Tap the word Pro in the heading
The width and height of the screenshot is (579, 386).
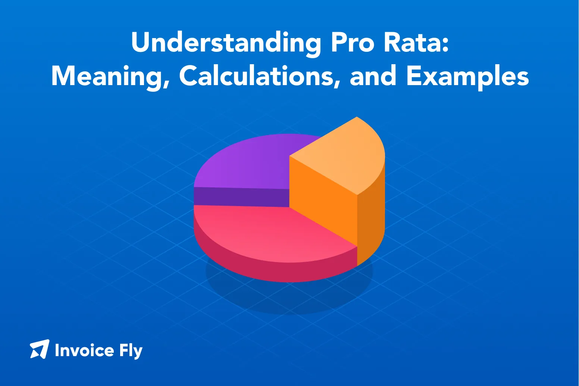pyautogui.click(x=352, y=43)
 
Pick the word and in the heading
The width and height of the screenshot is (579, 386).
pyautogui.click(x=373, y=77)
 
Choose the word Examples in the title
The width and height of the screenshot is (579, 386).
pyautogui.click(x=467, y=77)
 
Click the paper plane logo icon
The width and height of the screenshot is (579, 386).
pyautogui.click(x=40, y=349)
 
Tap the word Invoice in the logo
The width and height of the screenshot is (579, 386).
pyautogui.click(x=84, y=351)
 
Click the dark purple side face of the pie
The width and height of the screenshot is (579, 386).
pyautogui.click(x=239, y=197)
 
